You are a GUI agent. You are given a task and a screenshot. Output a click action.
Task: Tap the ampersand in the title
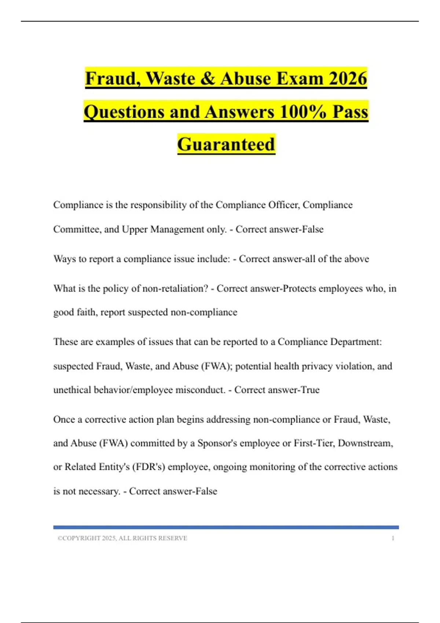tap(208, 78)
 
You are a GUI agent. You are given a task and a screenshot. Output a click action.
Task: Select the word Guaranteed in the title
tap(226, 144)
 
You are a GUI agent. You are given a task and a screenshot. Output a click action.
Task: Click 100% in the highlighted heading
tap(302, 111)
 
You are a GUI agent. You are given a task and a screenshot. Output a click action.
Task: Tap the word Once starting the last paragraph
tap(64, 419)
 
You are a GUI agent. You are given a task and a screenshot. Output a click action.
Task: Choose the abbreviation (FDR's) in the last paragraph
tap(148, 467)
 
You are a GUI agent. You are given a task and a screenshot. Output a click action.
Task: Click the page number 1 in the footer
tap(393, 538)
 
